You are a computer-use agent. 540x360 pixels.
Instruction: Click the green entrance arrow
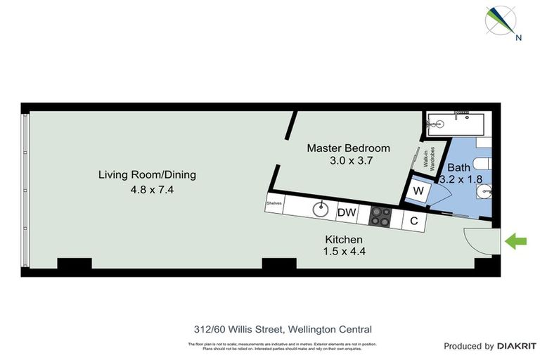tap(517, 242)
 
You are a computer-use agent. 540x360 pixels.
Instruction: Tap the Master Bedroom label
tap(349, 148)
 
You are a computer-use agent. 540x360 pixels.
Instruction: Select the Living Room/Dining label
tap(147, 174)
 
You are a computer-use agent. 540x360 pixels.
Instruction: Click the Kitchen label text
tap(343, 240)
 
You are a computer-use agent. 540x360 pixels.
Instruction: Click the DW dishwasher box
tap(346, 212)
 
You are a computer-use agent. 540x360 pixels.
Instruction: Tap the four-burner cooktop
tap(380, 217)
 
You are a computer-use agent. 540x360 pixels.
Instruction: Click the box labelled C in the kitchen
tap(414, 221)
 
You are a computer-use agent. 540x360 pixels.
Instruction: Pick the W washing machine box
tap(418, 190)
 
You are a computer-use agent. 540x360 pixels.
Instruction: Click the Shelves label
tap(274, 205)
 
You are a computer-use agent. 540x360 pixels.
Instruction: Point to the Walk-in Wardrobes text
tap(429, 162)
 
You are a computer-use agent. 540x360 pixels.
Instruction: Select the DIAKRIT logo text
tap(517, 346)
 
